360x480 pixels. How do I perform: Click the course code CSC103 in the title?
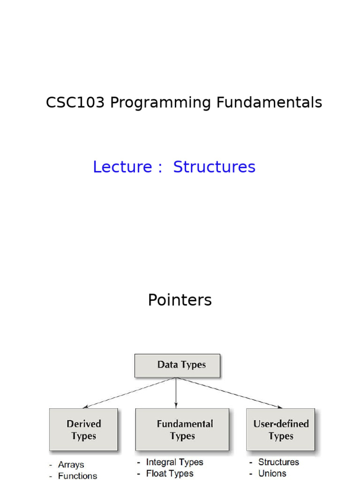[75, 103]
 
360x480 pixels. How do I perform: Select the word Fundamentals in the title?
[269, 103]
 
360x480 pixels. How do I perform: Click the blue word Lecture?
[122, 167]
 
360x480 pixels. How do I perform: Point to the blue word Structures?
[214, 167]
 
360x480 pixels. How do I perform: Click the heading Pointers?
[180, 300]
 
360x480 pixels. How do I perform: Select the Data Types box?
[177, 366]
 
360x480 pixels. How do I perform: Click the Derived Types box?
[83, 430]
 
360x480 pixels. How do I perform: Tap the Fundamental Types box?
[182, 430]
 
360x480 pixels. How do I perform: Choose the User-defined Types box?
[281, 430]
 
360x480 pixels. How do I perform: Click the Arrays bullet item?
[71, 465]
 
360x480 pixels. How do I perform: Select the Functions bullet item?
[77, 476]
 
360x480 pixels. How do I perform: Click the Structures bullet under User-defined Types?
[278, 462]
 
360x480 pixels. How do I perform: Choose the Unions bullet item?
[272, 473]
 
